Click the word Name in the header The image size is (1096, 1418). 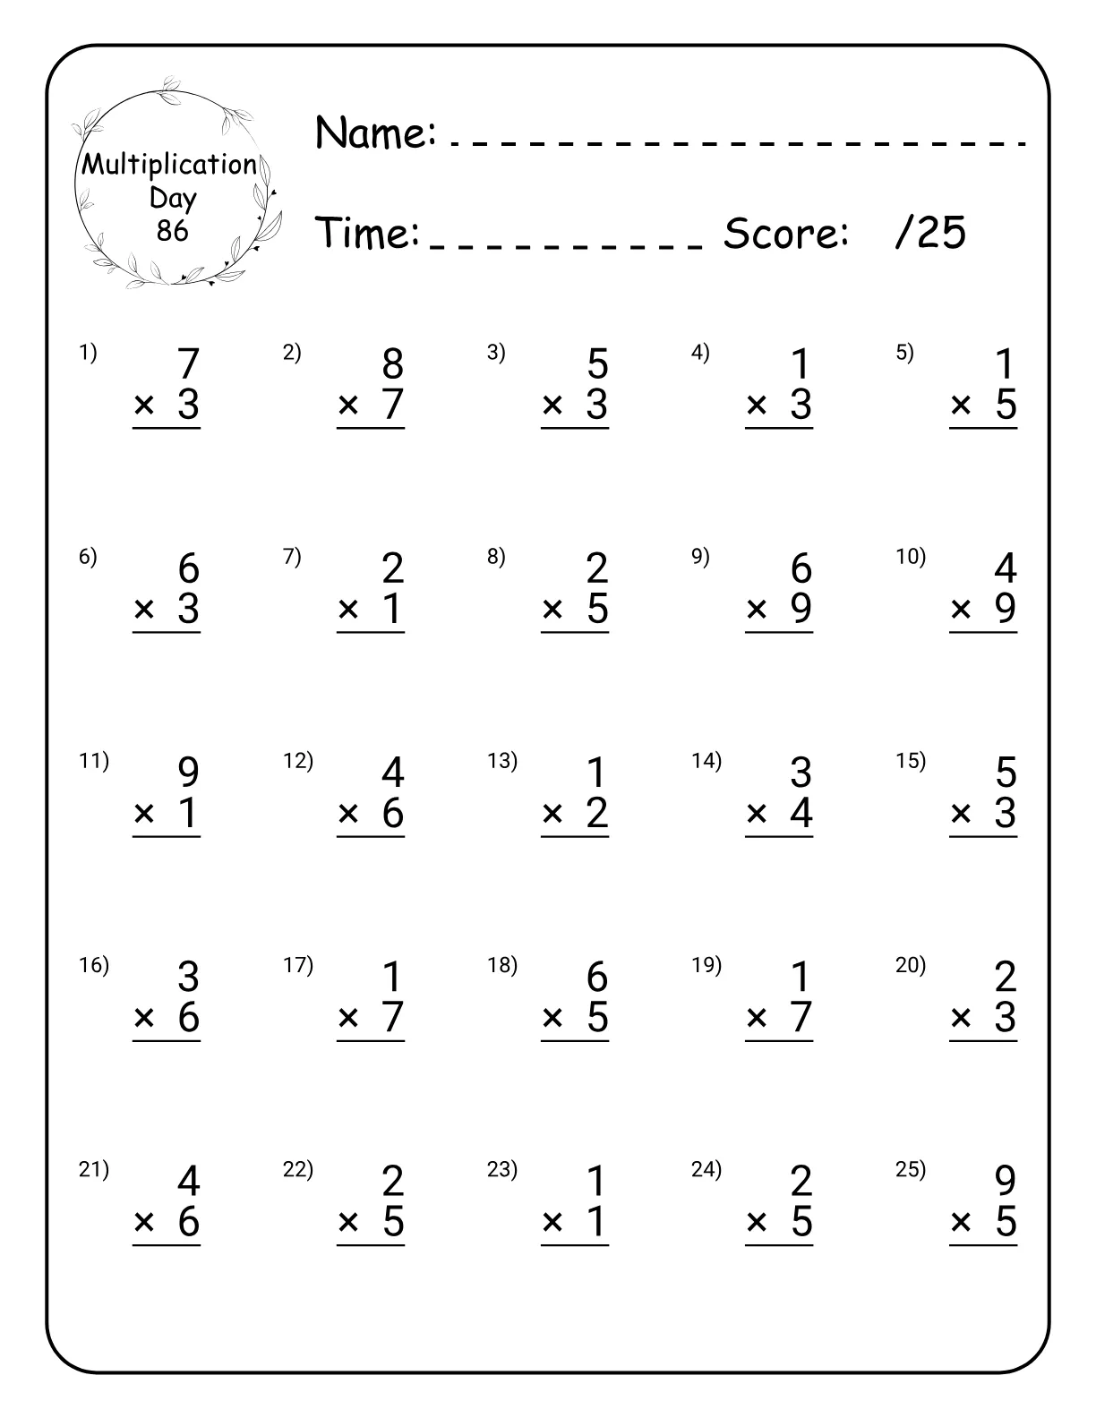(x=375, y=132)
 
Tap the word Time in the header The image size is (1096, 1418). (x=368, y=233)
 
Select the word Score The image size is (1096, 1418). (x=785, y=234)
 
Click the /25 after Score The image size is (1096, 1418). (x=930, y=233)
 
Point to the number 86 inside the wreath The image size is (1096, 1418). (x=172, y=231)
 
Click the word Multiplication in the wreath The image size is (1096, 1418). (x=169, y=164)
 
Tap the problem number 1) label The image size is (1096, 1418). (x=88, y=353)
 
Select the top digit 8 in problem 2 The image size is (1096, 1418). (x=392, y=364)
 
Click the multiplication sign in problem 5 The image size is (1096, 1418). (x=961, y=406)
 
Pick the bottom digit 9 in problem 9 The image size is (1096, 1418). (x=801, y=609)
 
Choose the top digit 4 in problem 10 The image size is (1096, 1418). (x=1006, y=568)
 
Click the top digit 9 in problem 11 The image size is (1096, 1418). (x=188, y=773)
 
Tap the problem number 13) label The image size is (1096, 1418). (x=502, y=761)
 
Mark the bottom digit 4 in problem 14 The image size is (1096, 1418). (x=801, y=813)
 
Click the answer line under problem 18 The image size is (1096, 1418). (x=575, y=1041)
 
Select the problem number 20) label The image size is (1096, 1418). (x=911, y=965)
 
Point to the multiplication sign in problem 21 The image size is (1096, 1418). (x=144, y=1222)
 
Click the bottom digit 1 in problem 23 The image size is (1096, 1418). (x=597, y=1222)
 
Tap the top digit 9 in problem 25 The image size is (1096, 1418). (x=1006, y=1182)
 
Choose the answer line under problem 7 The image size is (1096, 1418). (x=371, y=633)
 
